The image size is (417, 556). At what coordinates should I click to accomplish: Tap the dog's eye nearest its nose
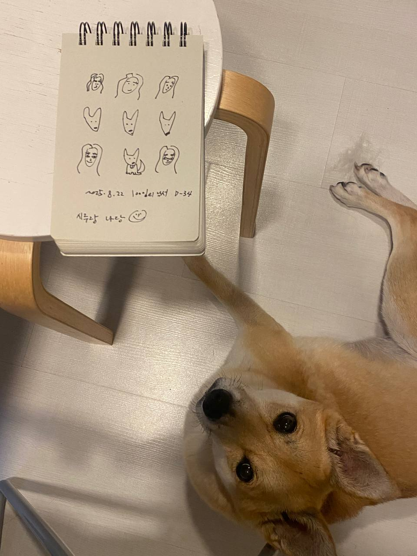tap(285, 422)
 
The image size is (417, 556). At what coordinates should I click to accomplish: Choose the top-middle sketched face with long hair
tap(129, 85)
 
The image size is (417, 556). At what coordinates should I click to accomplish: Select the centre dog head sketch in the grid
tap(130, 122)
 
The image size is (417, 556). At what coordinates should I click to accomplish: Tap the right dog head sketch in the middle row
tap(167, 122)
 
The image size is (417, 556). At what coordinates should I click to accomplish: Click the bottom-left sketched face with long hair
tap(90, 159)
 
